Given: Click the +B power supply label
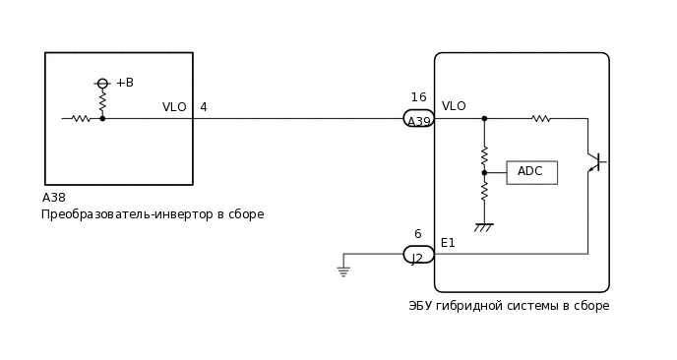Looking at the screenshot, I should pyautogui.click(x=125, y=83).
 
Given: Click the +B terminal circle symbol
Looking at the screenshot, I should pyautogui.click(x=102, y=84).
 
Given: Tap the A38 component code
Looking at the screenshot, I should pyautogui.click(x=54, y=198).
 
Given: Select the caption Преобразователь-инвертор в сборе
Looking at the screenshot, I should pyautogui.click(x=153, y=214).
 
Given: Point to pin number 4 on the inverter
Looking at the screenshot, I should pyautogui.click(x=204, y=107).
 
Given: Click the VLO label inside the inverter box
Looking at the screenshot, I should pyautogui.click(x=174, y=107).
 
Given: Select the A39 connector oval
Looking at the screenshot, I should pyautogui.click(x=419, y=119).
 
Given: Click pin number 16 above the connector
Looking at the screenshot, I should pyautogui.click(x=418, y=97).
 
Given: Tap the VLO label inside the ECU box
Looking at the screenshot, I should pyautogui.click(x=454, y=106).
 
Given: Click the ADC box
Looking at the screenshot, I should pyautogui.click(x=531, y=172).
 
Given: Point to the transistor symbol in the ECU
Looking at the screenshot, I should pyautogui.click(x=594, y=161).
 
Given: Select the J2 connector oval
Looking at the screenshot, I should pyautogui.click(x=419, y=255).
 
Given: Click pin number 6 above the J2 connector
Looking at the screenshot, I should pyautogui.click(x=417, y=234).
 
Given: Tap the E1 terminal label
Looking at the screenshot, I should pyautogui.click(x=448, y=243).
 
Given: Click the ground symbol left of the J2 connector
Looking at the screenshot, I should pyautogui.click(x=343, y=270).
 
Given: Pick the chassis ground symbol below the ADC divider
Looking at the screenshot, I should pyautogui.click(x=484, y=227).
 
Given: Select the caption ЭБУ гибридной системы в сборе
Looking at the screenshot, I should pyautogui.click(x=509, y=306).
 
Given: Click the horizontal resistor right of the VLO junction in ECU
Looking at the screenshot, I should pyautogui.click(x=540, y=119).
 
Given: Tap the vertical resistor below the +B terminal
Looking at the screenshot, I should pyautogui.click(x=102, y=101).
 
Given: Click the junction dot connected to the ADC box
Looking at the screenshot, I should pyautogui.click(x=484, y=172).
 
